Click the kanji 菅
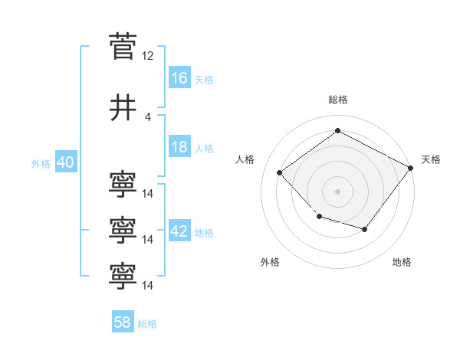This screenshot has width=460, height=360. click(123, 46)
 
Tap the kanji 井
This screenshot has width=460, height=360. click(123, 107)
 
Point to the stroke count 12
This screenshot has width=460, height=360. click(147, 56)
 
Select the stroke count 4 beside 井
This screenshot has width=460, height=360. click(147, 117)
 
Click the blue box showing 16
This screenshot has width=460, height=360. click(179, 77)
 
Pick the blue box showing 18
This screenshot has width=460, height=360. click(179, 146)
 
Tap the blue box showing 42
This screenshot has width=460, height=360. click(179, 230)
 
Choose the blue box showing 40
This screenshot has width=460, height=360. click(66, 162)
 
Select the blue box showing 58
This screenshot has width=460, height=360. click(123, 321)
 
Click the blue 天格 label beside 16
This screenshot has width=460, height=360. click(204, 80)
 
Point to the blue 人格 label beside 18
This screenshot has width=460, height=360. click(204, 149)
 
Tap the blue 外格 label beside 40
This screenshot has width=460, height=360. click(41, 164)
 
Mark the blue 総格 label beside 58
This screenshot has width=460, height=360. click(147, 324)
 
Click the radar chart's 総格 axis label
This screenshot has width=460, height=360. click(338, 100)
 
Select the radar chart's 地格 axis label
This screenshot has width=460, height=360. click(402, 262)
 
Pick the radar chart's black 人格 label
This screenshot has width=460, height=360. click(245, 159)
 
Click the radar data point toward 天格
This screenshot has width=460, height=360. click(411, 168)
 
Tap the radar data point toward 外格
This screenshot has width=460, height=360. click(320, 216)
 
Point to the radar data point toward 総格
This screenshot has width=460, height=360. click(337, 130)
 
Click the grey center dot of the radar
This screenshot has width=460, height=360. click(337, 191)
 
